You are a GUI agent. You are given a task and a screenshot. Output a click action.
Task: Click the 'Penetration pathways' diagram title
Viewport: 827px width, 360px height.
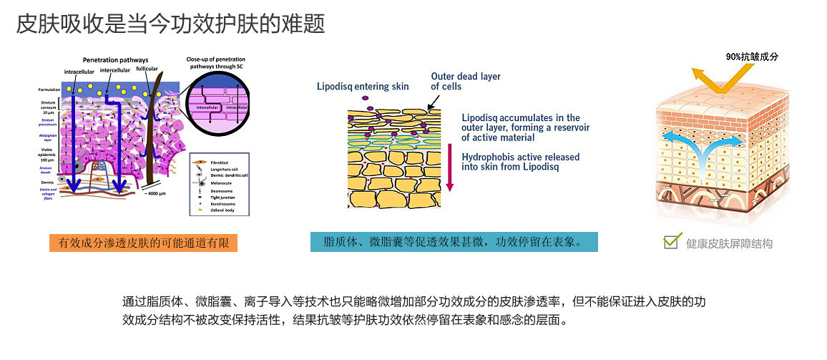(x=115, y=59)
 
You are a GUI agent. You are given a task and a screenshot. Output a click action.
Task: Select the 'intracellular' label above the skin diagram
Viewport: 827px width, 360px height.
(x=79, y=72)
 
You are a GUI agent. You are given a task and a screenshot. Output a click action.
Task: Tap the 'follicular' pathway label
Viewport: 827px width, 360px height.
(x=147, y=69)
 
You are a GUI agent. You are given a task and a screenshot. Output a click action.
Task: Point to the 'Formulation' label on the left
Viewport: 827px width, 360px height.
(x=49, y=89)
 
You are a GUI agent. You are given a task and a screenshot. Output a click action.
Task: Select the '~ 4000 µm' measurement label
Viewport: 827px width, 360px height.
(x=156, y=194)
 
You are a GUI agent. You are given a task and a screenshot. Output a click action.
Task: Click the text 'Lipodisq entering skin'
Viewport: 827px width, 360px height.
(x=363, y=87)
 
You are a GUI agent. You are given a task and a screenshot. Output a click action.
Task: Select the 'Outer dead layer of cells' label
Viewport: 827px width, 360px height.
(x=465, y=81)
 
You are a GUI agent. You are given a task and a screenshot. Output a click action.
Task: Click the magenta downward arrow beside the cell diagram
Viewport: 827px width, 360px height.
(x=449, y=168)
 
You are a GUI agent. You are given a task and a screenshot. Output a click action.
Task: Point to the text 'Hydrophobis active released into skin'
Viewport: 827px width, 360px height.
(x=520, y=162)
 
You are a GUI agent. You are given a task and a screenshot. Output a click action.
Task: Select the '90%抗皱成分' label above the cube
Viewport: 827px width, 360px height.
(x=751, y=57)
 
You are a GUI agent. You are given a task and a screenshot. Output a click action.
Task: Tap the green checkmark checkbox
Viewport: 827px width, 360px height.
(x=670, y=241)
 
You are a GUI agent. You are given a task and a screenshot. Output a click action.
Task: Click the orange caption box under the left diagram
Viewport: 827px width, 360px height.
(x=143, y=243)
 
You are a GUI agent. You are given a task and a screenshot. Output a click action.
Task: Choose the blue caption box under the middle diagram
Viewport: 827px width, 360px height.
(x=454, y=241)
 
